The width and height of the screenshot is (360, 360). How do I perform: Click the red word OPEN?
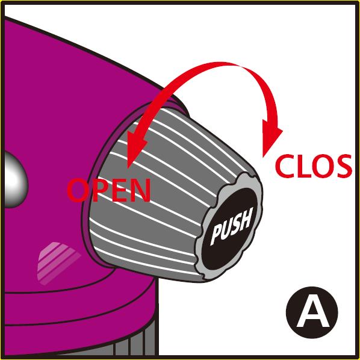109,190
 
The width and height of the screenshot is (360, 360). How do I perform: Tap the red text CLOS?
314,166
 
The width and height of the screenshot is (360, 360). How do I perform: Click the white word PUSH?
231,226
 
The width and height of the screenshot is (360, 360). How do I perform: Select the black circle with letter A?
312,312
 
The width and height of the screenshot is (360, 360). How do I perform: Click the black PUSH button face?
229,229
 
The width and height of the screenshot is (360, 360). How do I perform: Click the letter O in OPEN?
78,191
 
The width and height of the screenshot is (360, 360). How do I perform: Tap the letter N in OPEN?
140,190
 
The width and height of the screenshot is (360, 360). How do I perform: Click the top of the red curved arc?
220,65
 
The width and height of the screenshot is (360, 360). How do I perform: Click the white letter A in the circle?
312,314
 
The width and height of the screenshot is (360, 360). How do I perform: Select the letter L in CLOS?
303,166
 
